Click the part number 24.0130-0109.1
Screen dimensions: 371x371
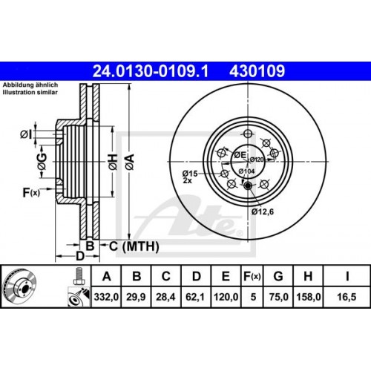tap(150, 70)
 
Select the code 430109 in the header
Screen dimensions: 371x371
tap(254, 70)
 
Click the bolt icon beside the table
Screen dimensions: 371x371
tap(76, 278)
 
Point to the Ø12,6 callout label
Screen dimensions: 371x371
tap(262, 211)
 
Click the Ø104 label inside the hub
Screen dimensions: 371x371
tap(247, 171)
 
